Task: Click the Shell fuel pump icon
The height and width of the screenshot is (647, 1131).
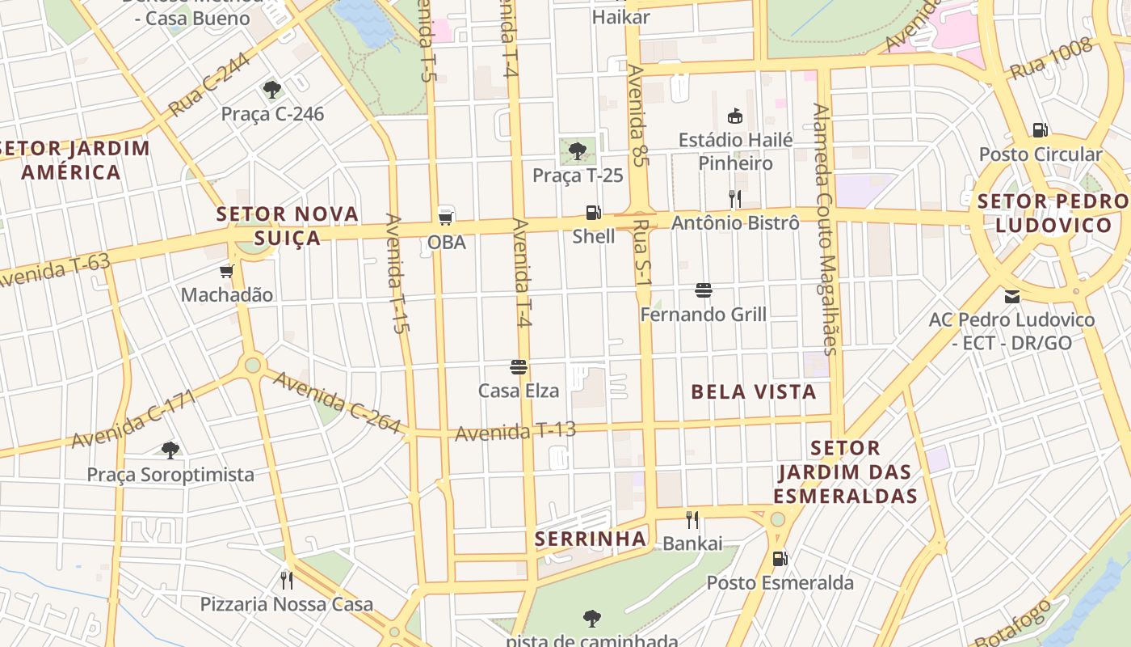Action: [594, 213]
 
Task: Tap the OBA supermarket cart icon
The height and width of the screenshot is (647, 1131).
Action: [445, 217]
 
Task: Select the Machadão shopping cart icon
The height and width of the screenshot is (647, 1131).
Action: [226, 271]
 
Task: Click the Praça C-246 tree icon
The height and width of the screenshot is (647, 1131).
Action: [272, 89]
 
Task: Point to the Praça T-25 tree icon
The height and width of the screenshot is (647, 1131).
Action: [577, 150]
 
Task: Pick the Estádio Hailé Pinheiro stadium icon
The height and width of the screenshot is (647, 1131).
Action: [735, 116]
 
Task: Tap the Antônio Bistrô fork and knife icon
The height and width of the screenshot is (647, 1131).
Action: [735, 198]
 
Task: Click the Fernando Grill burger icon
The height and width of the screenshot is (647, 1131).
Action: [704, 290]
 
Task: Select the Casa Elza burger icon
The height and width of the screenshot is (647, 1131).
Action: [519, 367]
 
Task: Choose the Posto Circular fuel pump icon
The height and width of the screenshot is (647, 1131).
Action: [1041, 129]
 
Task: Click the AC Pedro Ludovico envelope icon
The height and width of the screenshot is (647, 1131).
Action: [1011, 296]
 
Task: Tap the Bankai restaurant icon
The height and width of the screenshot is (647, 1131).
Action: [692, 519]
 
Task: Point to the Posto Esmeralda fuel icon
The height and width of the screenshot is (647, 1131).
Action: [780, 558]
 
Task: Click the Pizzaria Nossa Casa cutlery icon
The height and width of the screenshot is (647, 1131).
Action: [286, 580]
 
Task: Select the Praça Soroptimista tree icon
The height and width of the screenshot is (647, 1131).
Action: [170, 450]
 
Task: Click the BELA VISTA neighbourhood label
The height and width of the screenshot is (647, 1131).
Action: [754, 392]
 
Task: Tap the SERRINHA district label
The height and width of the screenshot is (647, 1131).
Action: [591, 539]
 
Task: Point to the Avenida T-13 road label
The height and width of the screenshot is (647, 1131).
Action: [515, 431]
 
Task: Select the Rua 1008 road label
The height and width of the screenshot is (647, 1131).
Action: [1052, 60]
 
